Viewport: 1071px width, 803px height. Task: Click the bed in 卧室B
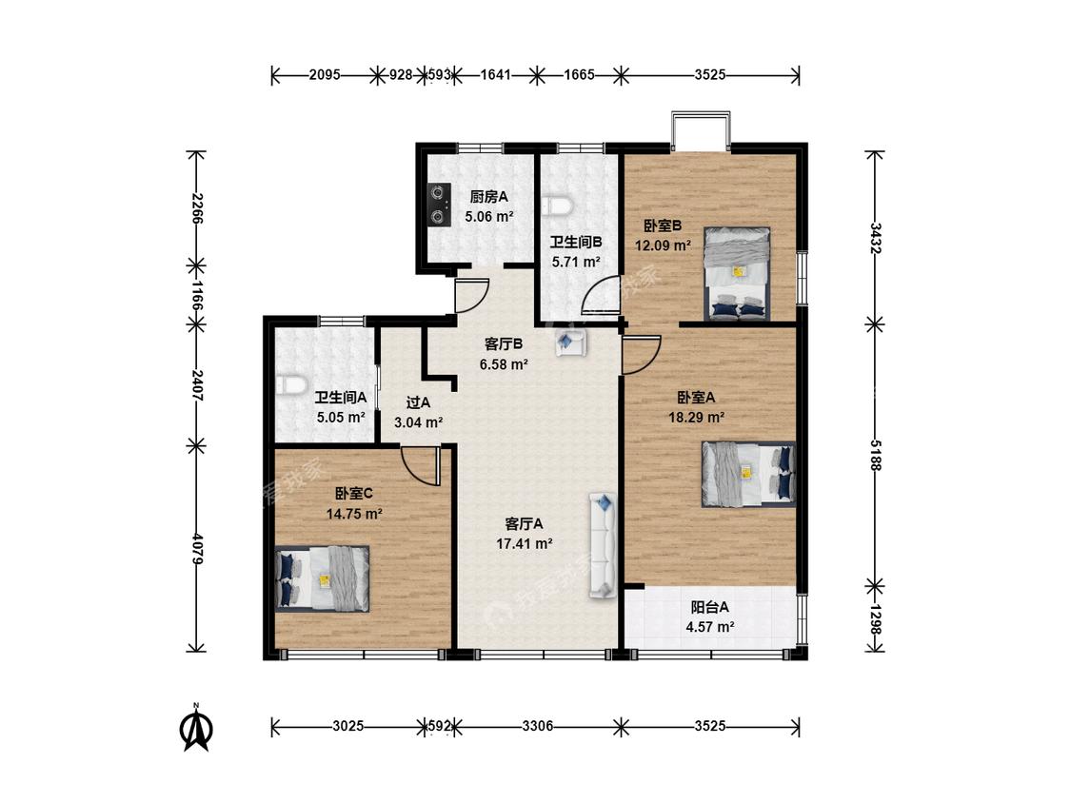coord(737,274)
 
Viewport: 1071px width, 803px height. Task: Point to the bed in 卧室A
coord(748,474)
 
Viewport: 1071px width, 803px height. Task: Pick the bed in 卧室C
coord(323,578)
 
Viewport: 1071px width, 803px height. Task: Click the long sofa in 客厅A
coord(604,545)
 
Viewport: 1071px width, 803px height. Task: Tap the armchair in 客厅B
coord(571,343)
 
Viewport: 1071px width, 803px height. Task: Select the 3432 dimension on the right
coord(875,236)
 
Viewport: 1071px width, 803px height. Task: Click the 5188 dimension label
coord(875,454)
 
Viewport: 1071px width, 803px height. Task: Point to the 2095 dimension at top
coord(325,75)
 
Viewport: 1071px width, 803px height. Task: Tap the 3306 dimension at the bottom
coord(538,727)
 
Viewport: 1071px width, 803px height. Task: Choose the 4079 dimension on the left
coord(197,548)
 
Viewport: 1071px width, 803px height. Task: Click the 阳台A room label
coord(709,607)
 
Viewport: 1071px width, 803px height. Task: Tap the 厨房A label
coord(489,197)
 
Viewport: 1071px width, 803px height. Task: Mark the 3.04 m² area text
coord(418,422)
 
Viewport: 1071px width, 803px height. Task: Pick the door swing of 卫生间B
coord(600,294)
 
